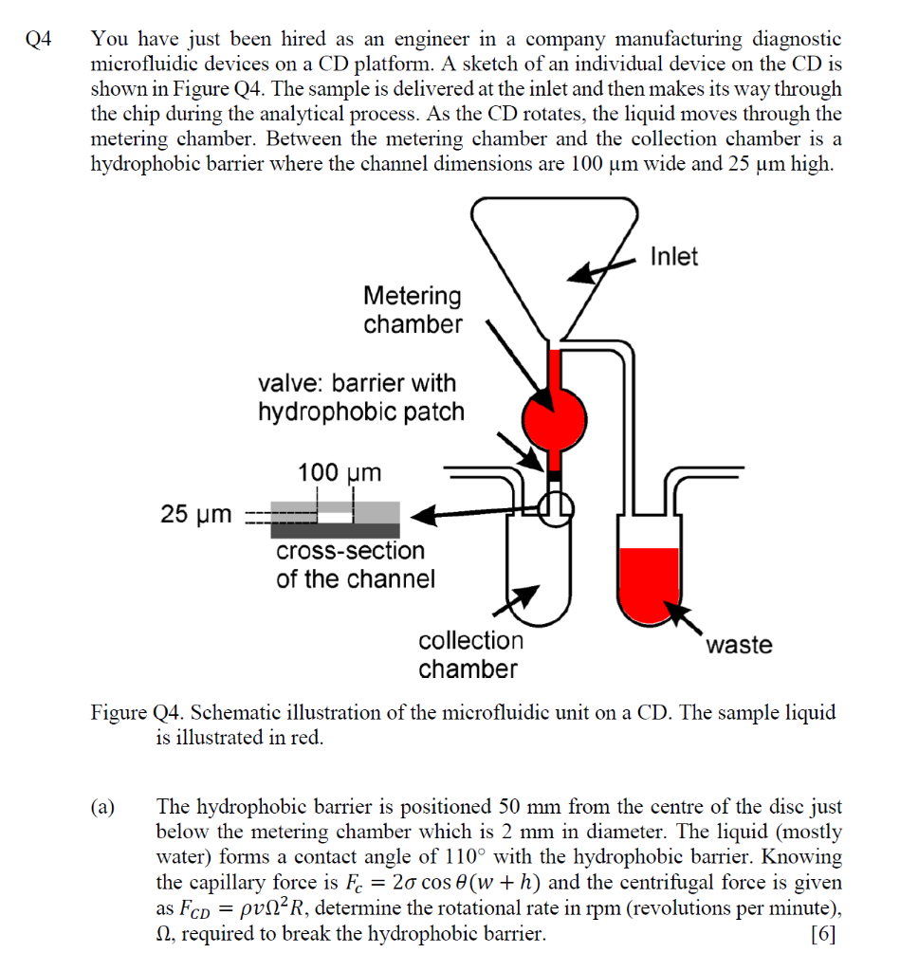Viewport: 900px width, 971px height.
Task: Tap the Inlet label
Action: coord(673,256)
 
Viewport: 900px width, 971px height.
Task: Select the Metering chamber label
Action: coord(413,310)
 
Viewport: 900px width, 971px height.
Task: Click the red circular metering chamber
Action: coord(555,413)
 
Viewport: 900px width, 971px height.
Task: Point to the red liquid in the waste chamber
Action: coord(649,579)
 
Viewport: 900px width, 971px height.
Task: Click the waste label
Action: coord(739,645)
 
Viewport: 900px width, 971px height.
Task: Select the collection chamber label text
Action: coord(470,654)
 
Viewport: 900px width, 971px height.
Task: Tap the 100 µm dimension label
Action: coord(339,472)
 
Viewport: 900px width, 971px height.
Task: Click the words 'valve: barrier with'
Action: coord(357,383)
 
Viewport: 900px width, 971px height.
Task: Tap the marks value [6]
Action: coord(825,933)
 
